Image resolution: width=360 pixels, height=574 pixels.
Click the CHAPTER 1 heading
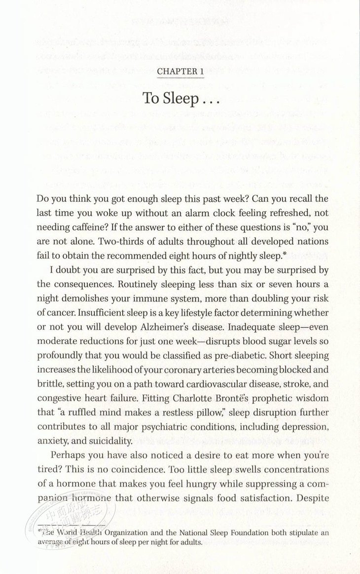(x=180, y=72)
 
